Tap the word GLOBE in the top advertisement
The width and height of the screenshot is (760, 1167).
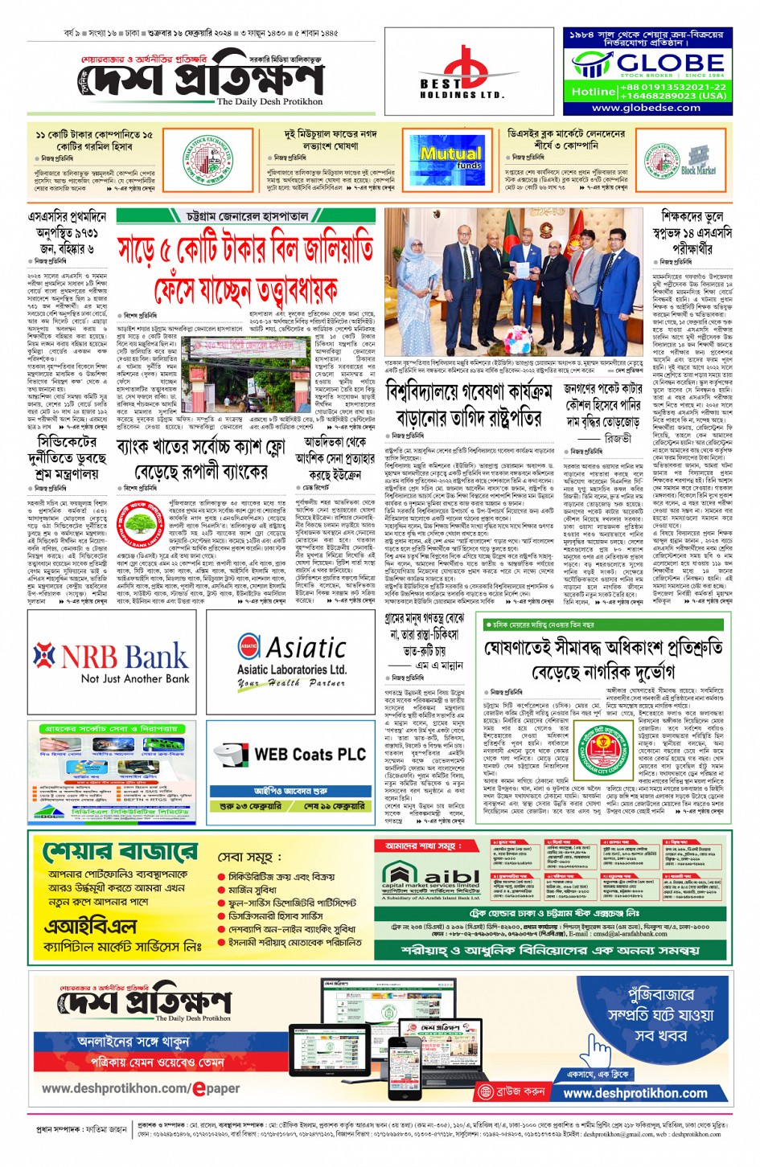[x=670, y=63]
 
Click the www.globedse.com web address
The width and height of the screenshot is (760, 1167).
[x=646, y=108]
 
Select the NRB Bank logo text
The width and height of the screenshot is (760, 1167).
[x=111, y=657]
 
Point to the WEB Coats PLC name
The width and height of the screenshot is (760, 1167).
[x=310, y=755]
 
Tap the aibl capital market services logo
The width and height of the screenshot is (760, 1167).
[x=430, y=879]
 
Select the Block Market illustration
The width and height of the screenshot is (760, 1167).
[x=696, y=159]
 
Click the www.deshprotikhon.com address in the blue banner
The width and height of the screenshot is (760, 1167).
[x=635, y=1093]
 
